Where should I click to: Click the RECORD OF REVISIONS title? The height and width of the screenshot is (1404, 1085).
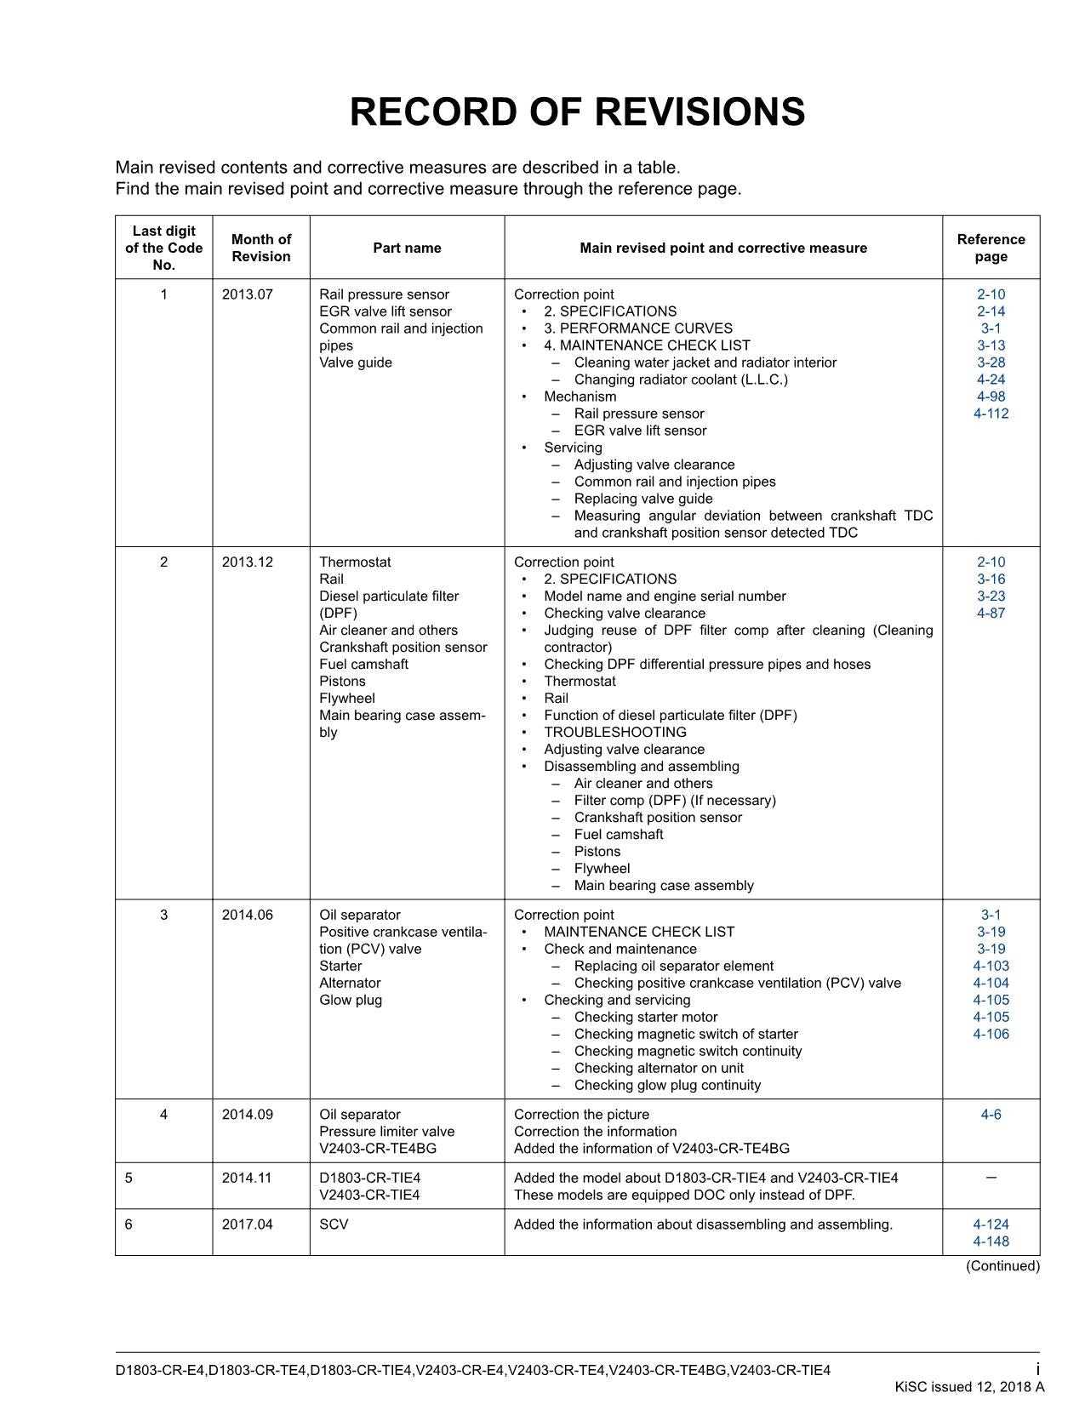[x=577, y=112]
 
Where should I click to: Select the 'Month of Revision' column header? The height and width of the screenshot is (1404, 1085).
[x=260, y=248]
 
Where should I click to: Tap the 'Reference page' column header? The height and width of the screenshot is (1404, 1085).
[x=991, y=248]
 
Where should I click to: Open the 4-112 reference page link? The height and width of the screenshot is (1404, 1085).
[x=991, y=414]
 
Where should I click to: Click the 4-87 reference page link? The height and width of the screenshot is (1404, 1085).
[x=991, y=613]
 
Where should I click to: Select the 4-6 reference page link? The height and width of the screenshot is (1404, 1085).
[x=991, y=1114]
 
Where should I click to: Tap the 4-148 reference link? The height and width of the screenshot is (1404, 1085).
[x=991, y=1241]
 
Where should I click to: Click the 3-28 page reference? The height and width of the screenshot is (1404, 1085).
[x=991, y=362]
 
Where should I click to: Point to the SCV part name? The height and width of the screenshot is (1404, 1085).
[x=334, y=1224]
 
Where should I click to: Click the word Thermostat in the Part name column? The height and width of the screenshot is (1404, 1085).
[x=355, y=562]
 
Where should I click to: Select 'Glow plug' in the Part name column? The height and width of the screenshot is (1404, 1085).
[x=351, y=1000]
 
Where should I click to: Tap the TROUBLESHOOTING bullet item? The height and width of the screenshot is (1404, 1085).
[x=614, y=732]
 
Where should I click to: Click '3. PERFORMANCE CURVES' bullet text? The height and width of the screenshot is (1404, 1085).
[x=637, y=328]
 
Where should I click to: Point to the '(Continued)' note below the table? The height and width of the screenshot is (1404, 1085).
[x=1002, y=1266]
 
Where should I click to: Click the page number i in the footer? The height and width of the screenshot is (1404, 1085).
[x=1037, y=1369]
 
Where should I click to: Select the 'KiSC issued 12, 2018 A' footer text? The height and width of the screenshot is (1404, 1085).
[x=969, y=1387]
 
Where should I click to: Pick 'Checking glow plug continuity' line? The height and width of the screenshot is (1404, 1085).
[x=667, y=1085]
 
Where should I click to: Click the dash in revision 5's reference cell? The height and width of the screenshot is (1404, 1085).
[x=991, y=1178]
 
